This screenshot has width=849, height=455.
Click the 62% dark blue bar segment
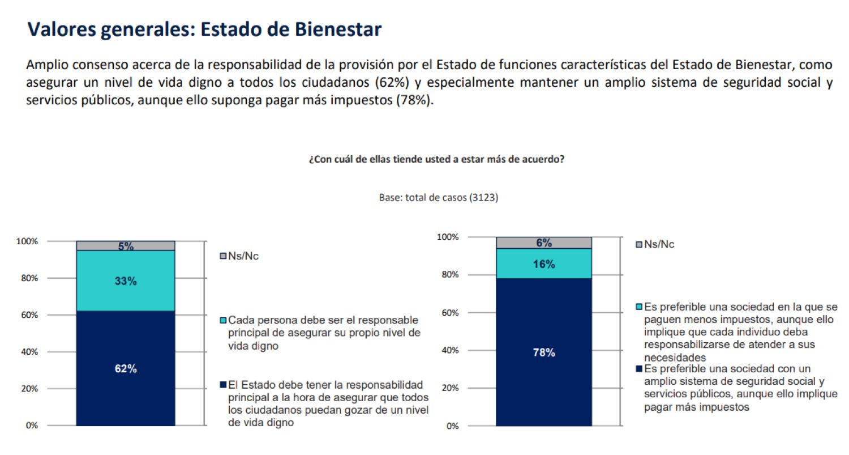[x=126, y=368]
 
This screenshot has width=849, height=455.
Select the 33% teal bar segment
[x=126, y=280]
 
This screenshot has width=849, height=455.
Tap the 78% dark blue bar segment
[x=544, y=352]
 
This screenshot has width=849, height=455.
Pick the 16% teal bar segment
[x=544, y=264]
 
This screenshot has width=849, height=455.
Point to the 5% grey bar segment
[x=126, y=246]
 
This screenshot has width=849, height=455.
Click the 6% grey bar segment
[x=544, y=243]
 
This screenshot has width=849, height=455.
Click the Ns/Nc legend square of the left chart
[x=223, y=256]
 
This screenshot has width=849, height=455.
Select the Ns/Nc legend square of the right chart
[x=639, y=245]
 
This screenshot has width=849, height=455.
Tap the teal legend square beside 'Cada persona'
[x=223, y=321]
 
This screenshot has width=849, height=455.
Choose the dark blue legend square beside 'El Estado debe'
[x=223, y=385]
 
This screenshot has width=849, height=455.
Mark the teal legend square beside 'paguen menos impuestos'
[x=639, y=307]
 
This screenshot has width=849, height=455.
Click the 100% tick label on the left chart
[x=27, y=241]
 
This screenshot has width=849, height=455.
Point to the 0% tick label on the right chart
[x=452, y=426]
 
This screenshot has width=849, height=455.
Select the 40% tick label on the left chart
[x=29, y=352]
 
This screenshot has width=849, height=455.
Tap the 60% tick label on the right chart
[x=449, y=313]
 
